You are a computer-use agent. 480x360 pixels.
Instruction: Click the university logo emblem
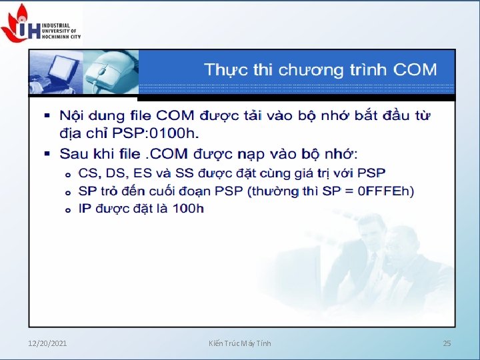pos(20,23)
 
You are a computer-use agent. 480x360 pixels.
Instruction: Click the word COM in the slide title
pos(415,70)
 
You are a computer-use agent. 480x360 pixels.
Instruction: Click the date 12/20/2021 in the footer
pos(47,343)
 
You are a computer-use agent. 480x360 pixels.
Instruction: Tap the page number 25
pos(447,343)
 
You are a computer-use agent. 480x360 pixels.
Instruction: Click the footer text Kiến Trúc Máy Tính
pos(240,343)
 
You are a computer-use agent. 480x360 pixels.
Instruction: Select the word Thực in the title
pos(225,70)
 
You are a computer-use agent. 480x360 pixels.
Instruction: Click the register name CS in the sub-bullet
pos(88,174)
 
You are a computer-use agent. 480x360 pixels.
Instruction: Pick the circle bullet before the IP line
pos(67,210)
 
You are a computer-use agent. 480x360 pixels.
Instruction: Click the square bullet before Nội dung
pos(47,116)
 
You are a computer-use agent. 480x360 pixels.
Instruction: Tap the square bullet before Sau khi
pos(47,154)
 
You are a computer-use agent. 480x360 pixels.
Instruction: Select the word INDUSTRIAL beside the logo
pos(57,25)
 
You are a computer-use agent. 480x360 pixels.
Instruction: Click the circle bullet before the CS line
pos(67,175)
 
